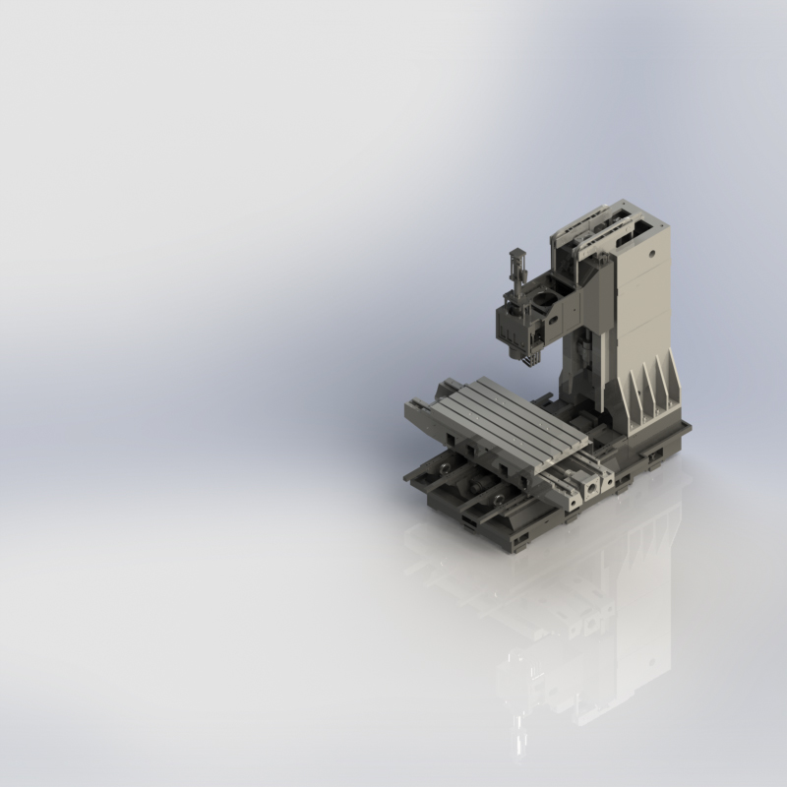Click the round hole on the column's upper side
[x=650, y=252]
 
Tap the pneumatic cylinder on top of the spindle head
[x=515, y=268]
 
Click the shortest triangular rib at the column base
[x=630, y=403]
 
